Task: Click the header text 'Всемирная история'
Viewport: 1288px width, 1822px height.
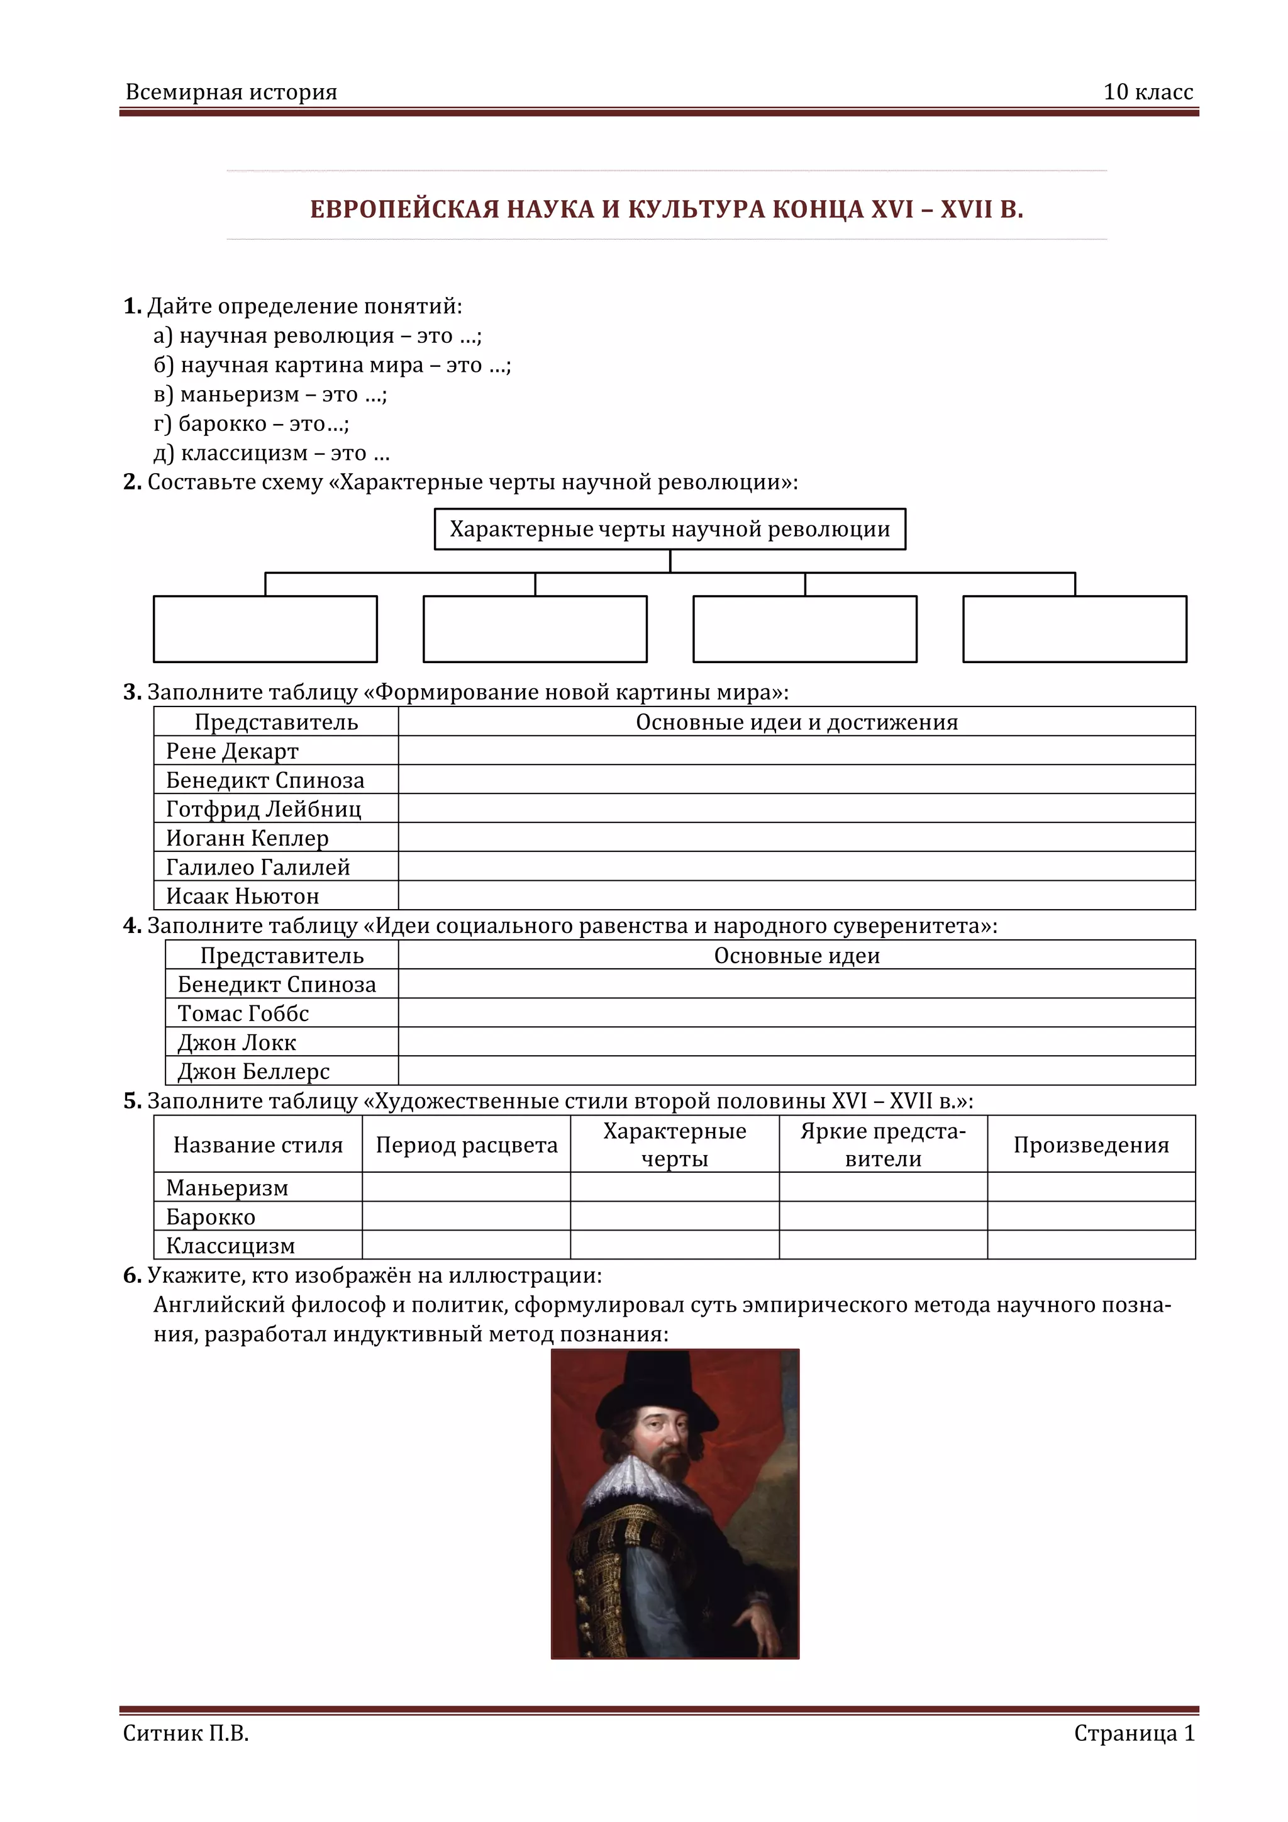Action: tap(231, 92)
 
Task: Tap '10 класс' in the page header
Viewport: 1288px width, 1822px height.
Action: tap(1148, 92)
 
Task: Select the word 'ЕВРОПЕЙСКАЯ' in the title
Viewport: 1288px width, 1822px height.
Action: tap(404, 210)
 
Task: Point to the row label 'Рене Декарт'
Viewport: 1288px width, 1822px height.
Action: tap(232, 751)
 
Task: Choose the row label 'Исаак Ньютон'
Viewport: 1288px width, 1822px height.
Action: tap(243, 896)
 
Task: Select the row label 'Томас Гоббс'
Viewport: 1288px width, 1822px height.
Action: tap(243, 1014)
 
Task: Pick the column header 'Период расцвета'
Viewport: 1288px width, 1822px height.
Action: tap(467, 1145)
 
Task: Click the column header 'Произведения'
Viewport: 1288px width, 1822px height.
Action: tap(1091, 1145)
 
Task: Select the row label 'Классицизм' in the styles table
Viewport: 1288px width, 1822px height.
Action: tap(230, 1246)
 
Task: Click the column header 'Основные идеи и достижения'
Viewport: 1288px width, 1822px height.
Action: tap(796, 722)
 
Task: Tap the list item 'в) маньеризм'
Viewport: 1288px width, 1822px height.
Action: tap(270, 394)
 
